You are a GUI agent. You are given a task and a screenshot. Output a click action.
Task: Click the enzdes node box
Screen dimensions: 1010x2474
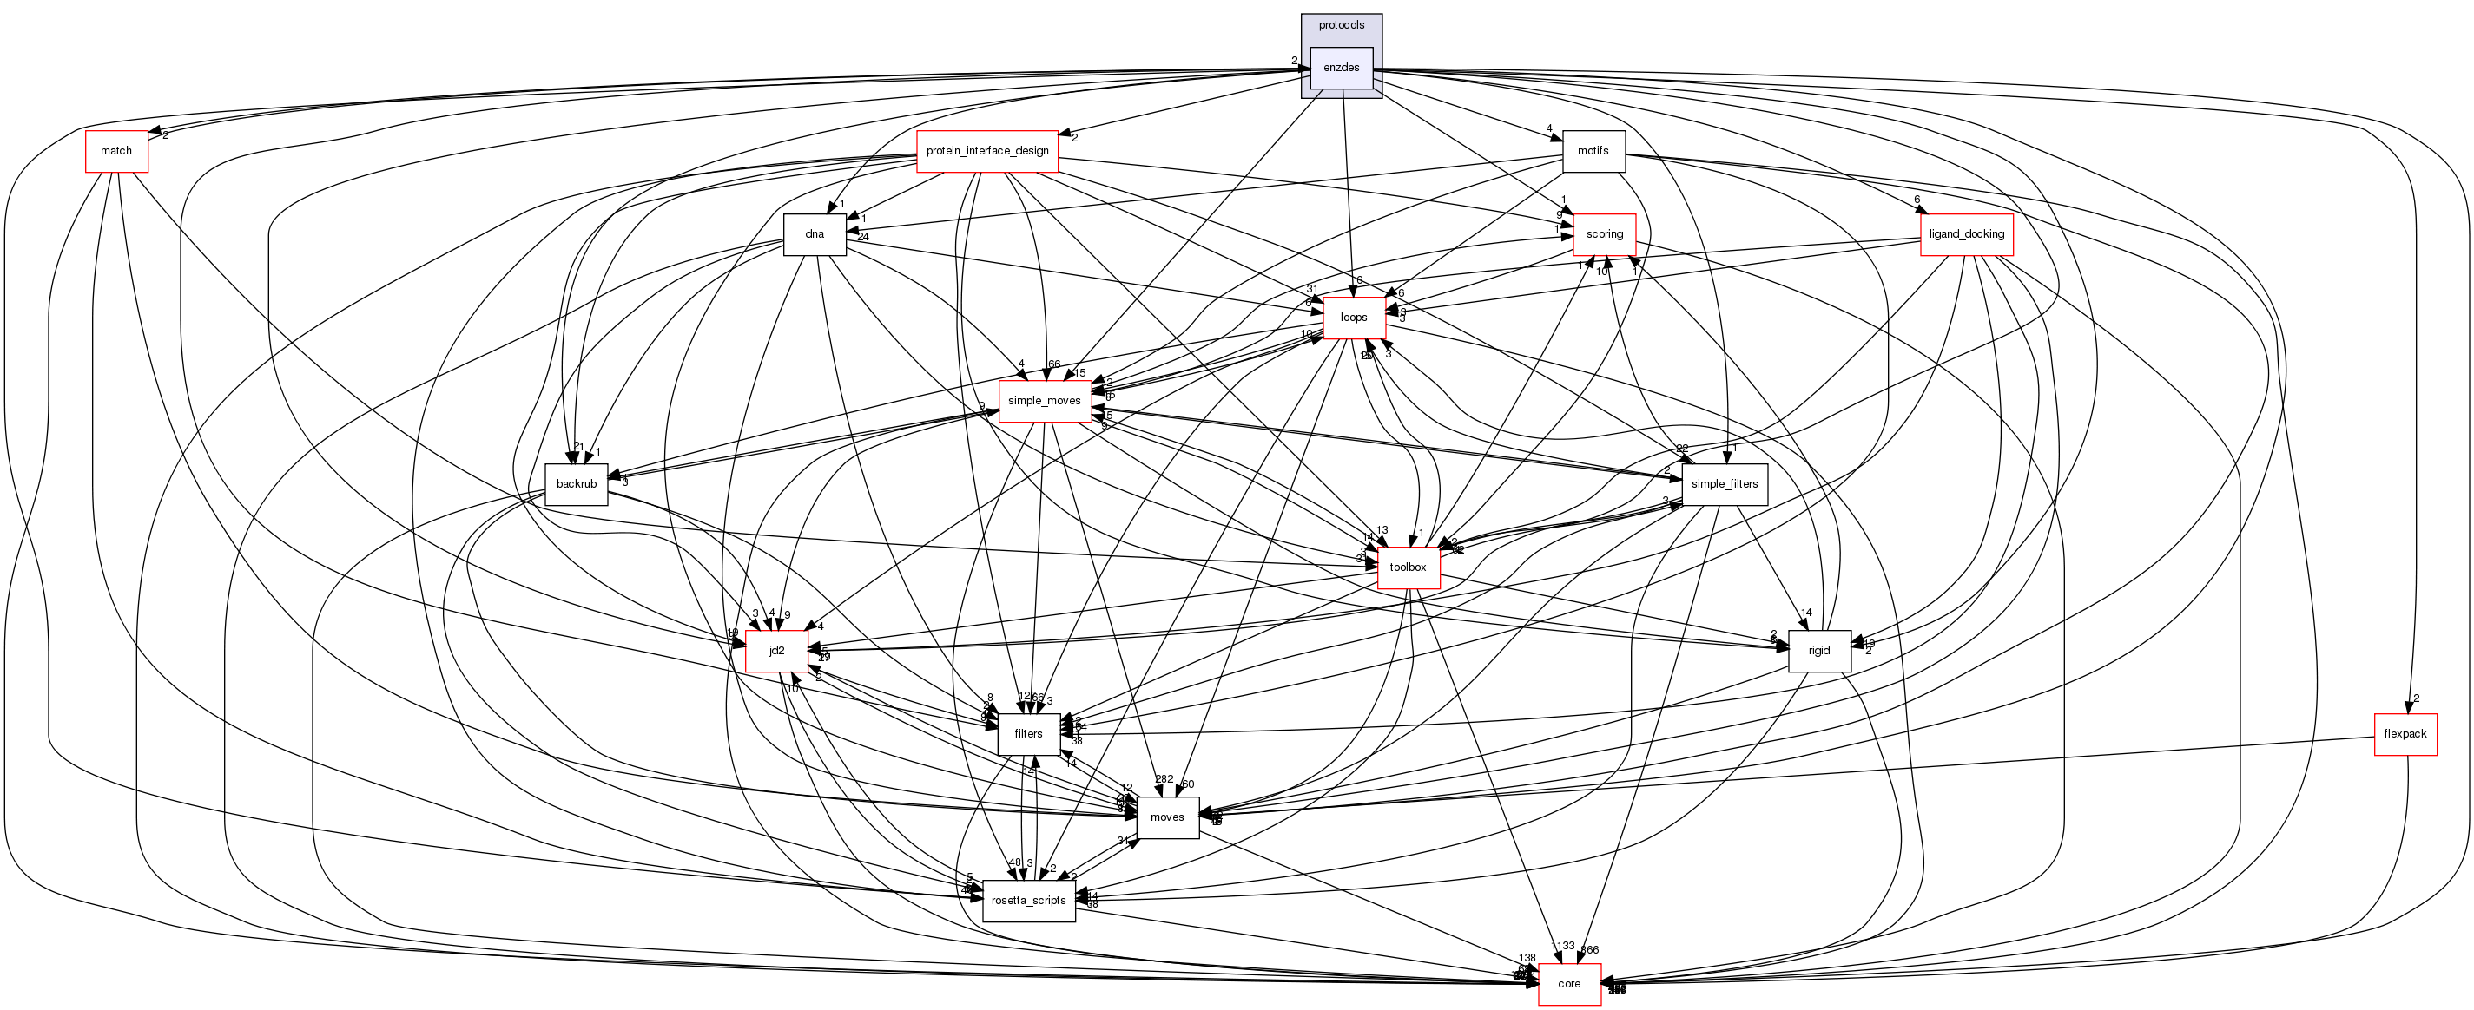(1341, 67)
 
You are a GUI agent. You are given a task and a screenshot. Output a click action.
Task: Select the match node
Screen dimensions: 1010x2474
(116, 151)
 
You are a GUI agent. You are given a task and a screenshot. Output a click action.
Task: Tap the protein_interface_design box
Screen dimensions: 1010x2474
(986, 151)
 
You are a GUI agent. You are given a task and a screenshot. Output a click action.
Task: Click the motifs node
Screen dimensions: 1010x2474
(1593, 151)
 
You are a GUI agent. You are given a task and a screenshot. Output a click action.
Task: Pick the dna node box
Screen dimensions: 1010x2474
(815, 234)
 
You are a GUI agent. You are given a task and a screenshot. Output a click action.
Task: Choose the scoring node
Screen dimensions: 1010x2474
(1604, 234)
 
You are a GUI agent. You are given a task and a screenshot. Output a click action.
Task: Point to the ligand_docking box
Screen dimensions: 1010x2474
(1966, 234)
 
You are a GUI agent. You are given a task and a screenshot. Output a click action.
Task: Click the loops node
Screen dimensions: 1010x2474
(1353, 317)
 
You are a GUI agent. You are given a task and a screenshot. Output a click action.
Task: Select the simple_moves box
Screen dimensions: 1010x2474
(1044, 400)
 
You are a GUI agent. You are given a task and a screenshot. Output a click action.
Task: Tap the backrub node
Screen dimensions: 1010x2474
(577, 484)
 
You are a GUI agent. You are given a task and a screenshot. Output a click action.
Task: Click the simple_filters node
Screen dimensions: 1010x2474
(1724, 484)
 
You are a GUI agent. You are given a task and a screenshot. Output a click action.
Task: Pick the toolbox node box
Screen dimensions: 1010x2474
(1407, 567)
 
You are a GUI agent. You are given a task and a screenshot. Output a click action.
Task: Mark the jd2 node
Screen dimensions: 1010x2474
(776, 651)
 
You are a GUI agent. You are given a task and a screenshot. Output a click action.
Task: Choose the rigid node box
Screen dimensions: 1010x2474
(1819, 651)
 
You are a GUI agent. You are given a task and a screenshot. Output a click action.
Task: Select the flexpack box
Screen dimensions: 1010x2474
(2405, 733)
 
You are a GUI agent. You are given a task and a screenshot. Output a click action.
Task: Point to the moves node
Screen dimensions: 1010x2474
(1167, 817)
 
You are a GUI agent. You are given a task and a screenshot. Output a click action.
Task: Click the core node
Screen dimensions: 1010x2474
(1569, 984)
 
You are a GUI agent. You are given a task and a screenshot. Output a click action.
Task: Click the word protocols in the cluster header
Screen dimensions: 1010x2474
(1341, 25)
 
